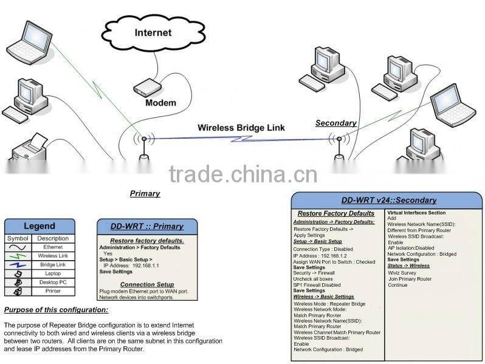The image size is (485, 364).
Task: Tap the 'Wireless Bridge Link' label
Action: [x=241, y=128]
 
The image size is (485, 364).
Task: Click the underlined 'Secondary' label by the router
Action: [x=335, y=123]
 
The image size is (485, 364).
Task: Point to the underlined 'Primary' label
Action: [x=145, y=193]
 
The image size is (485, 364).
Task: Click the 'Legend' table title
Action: [x=40, y=226]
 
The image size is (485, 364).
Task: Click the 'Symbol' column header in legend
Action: [x=18, y=238]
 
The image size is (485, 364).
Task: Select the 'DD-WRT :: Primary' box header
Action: [x=146, y=226]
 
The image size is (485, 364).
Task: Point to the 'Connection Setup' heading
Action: [x=146, y=284]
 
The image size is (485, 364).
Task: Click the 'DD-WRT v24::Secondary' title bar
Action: [x=388, y=200]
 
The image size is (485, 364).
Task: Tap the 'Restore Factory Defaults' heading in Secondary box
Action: [x=335, y=213]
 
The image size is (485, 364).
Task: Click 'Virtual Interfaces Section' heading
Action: [x=416, y=213]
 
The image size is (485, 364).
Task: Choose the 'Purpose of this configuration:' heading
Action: [x=56, y=310]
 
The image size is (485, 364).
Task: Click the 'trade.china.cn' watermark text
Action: [x=243, y=174]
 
